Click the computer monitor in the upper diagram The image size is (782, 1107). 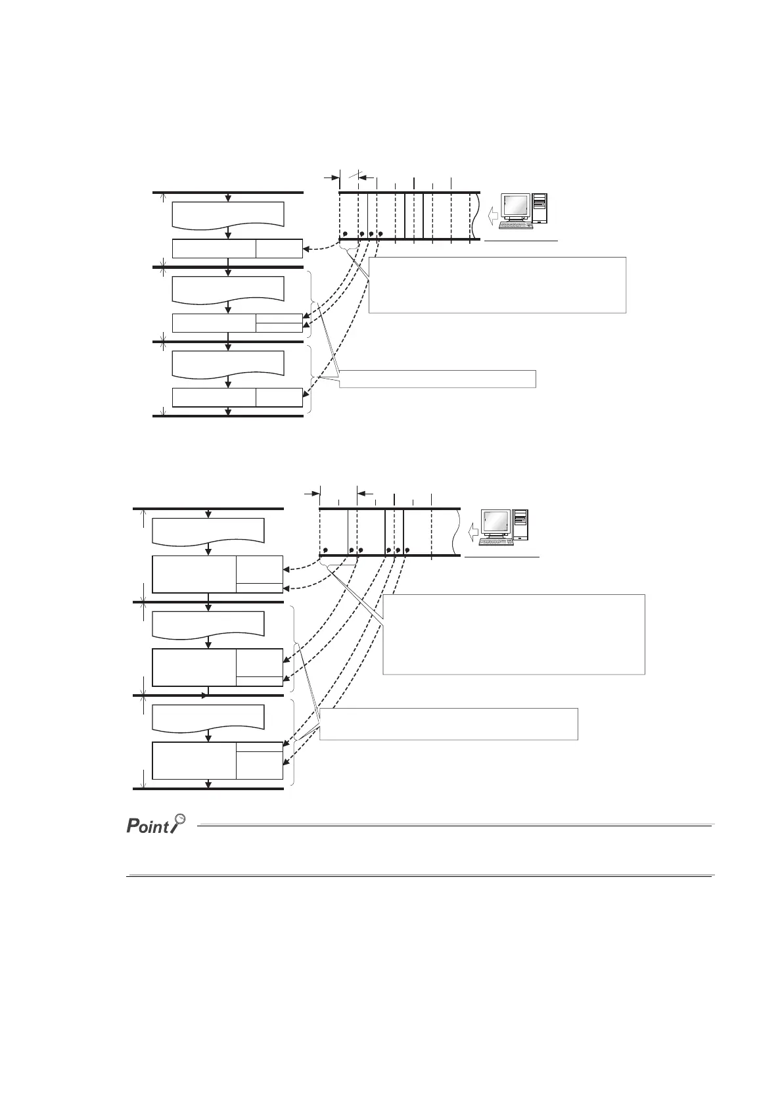(x=515, y=206)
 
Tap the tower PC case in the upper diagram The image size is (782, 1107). (x=540, y=206)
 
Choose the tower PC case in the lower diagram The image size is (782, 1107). (x=520, y=524)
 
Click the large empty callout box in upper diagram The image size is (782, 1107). (x=497, y=285)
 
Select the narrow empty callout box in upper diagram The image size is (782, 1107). (x=437, y=379)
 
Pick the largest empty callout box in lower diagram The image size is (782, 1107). (x=513, y=634)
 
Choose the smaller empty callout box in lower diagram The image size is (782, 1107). (x=448, y=724)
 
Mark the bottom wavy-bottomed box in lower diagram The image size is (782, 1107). (x=208, y=717)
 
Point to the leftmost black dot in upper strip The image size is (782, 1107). (x=345, y=234)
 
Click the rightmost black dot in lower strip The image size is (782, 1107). (x=407, y=550)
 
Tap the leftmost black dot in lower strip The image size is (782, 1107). (x=325, y=550)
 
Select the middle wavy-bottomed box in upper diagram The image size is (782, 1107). (x=228, y=289)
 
